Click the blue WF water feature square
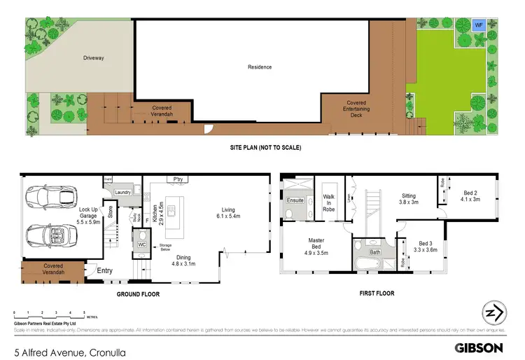tap(479, 25)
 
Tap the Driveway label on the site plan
tap(93, 58)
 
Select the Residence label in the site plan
tap(259, 67)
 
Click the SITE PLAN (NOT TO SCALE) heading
tap(262, 148)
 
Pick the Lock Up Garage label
tap(89, 214)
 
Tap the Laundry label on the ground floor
tap(124, 192)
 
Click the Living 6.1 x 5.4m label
tap(229, 213)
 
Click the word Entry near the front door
tap(105, 271)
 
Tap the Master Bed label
tap(316, 244)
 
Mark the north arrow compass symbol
tap(494, 314)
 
